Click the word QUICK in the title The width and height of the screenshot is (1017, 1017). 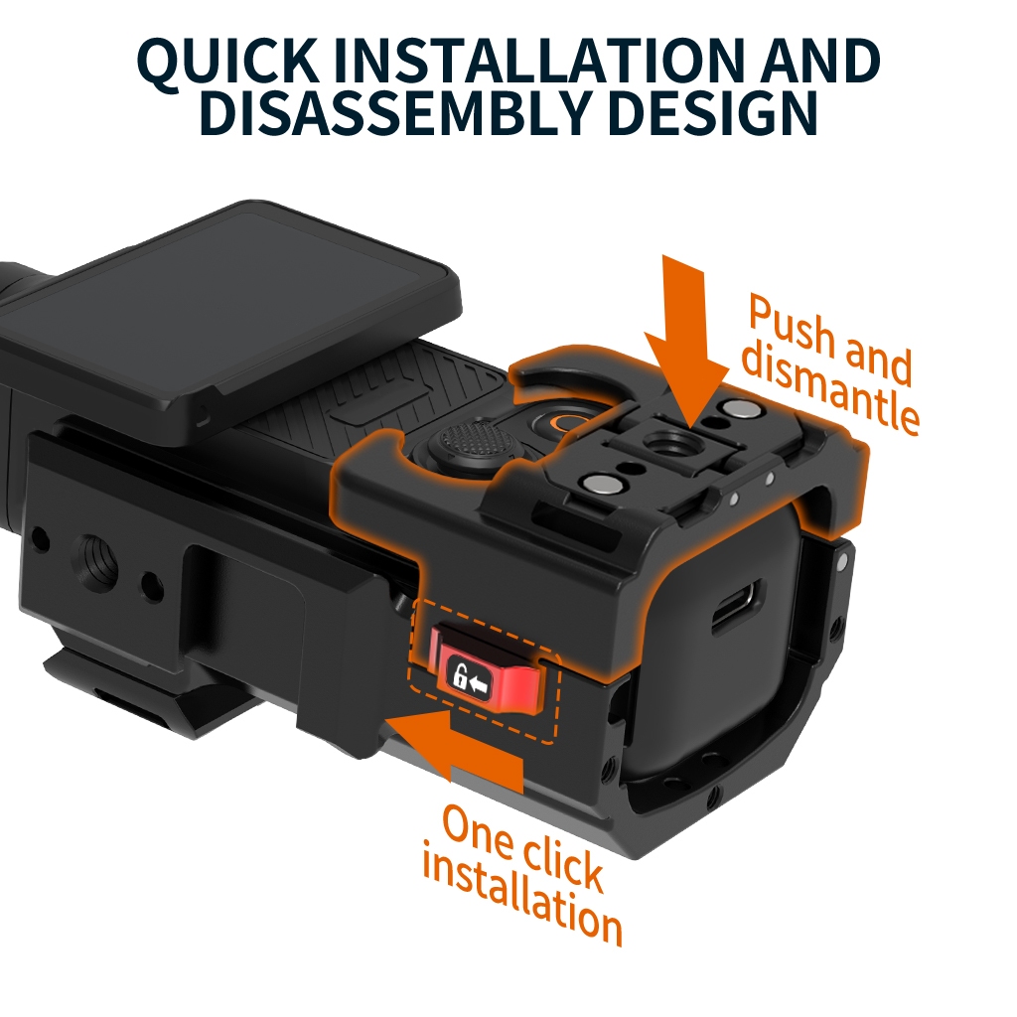[x=226, y=63]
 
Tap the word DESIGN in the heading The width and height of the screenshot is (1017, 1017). [x=712, y=112]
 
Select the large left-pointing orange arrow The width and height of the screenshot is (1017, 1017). [x=454, y=746]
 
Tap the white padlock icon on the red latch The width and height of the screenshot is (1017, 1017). [x=460, y=675]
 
